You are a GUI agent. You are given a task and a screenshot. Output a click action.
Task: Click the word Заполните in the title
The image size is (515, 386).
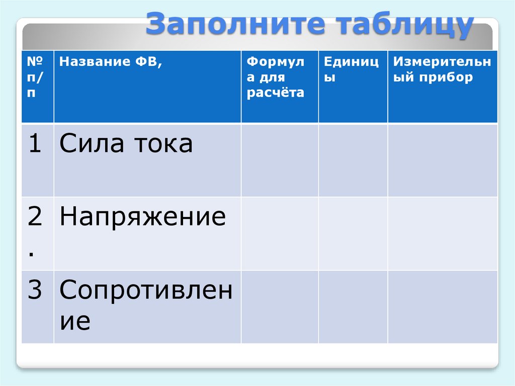coord(214,25)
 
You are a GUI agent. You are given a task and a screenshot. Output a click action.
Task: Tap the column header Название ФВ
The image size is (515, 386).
coord(111,63)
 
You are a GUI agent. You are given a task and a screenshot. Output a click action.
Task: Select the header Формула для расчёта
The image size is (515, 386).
coord(276,78)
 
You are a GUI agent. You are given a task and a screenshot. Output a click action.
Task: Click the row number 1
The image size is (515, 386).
coord(34,144)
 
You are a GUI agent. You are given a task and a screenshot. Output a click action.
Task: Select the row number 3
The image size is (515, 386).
coord(34,290)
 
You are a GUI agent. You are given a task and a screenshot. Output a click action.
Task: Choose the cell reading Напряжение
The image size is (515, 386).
coord(142,217)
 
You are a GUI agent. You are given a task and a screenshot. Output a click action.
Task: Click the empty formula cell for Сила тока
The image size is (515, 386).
coord(280,160)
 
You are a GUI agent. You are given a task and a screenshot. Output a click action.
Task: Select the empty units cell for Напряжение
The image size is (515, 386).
coord(353,233)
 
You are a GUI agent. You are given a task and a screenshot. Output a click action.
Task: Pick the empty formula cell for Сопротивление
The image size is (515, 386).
coord(280,306)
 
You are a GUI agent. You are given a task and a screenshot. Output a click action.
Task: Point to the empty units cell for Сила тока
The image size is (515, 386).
coord(353,160)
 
